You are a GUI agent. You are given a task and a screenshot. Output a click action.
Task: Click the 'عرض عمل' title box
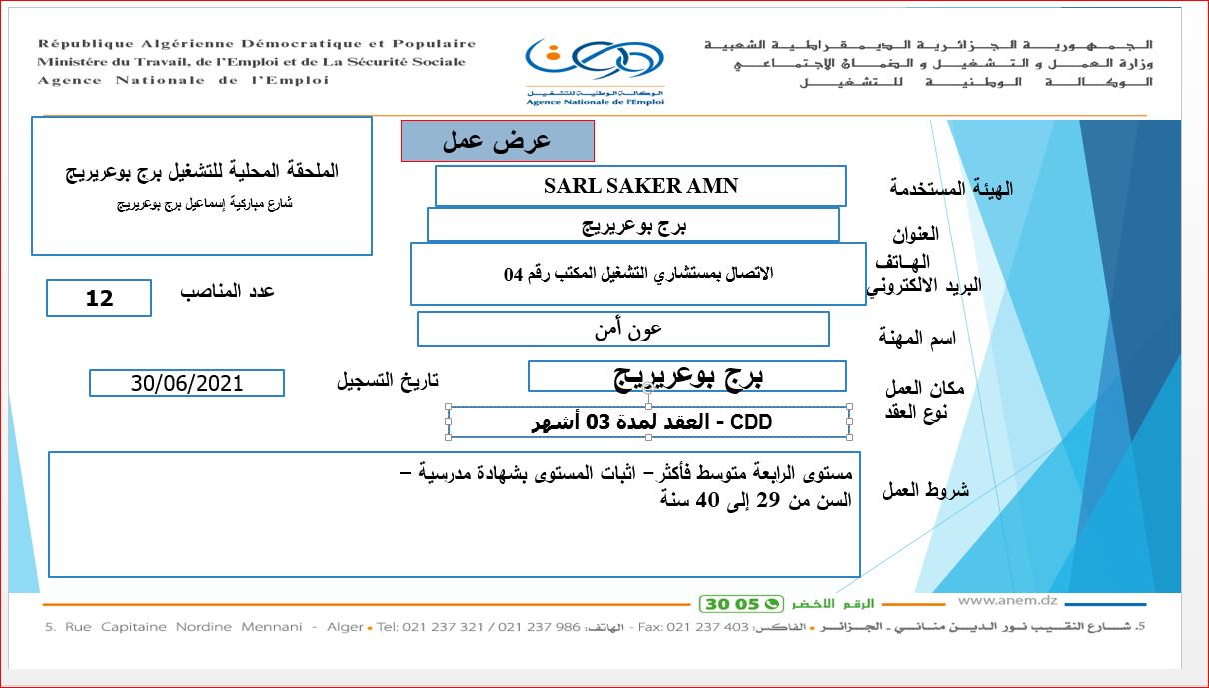coord(498,141)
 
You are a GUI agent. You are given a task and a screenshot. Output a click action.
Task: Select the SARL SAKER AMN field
coord(640,186)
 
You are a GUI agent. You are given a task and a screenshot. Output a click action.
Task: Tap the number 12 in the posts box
coord(100,298)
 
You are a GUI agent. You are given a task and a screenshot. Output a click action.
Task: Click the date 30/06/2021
coord(187,383)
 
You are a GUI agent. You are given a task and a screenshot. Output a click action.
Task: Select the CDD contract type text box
coord(650,422)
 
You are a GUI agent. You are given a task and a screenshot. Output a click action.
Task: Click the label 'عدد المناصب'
coord(227,291)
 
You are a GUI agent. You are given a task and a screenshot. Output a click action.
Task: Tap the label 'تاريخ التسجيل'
coord(387,381)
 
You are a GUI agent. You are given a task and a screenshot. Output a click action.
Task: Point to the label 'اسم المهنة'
coord(917,338)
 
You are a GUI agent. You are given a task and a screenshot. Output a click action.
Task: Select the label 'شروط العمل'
coord(925,490)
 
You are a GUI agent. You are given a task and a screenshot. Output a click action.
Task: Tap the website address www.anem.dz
coord(1007,601)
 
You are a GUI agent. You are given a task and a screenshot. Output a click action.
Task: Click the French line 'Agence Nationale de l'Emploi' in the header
coord(183,80)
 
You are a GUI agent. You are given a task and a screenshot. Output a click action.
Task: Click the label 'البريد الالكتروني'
coord(923,286)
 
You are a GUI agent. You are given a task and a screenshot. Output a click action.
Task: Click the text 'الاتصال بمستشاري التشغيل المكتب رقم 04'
coord(638,273)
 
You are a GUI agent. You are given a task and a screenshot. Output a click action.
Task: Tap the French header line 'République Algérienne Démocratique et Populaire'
coord(257,44)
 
